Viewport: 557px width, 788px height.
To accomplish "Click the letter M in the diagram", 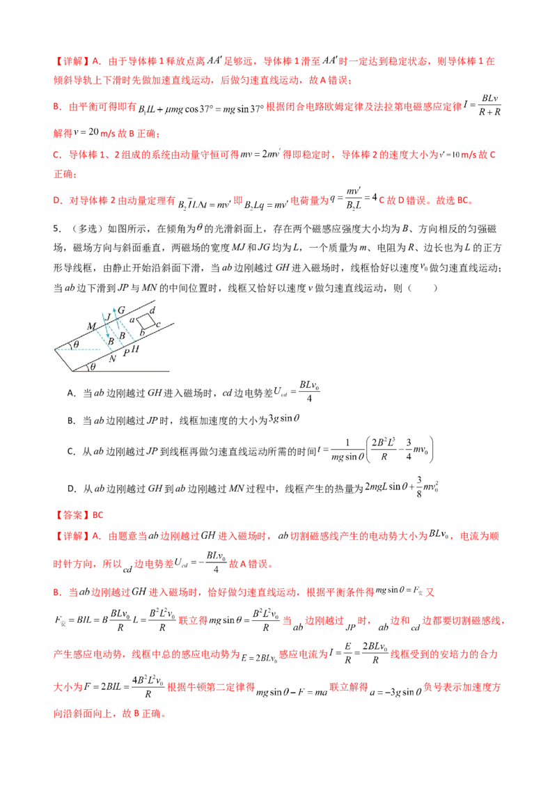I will coord(90,326).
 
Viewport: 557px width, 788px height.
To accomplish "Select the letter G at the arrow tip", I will coord(121,309).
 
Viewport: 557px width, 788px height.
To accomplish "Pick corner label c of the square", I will coord(159,325).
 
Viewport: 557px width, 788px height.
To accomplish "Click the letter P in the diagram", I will coord(125,353).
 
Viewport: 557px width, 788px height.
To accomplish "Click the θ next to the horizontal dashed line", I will coord(76,345).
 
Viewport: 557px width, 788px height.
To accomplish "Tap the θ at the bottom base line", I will coord(93,367).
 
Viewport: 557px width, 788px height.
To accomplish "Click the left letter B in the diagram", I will coord(109,342).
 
